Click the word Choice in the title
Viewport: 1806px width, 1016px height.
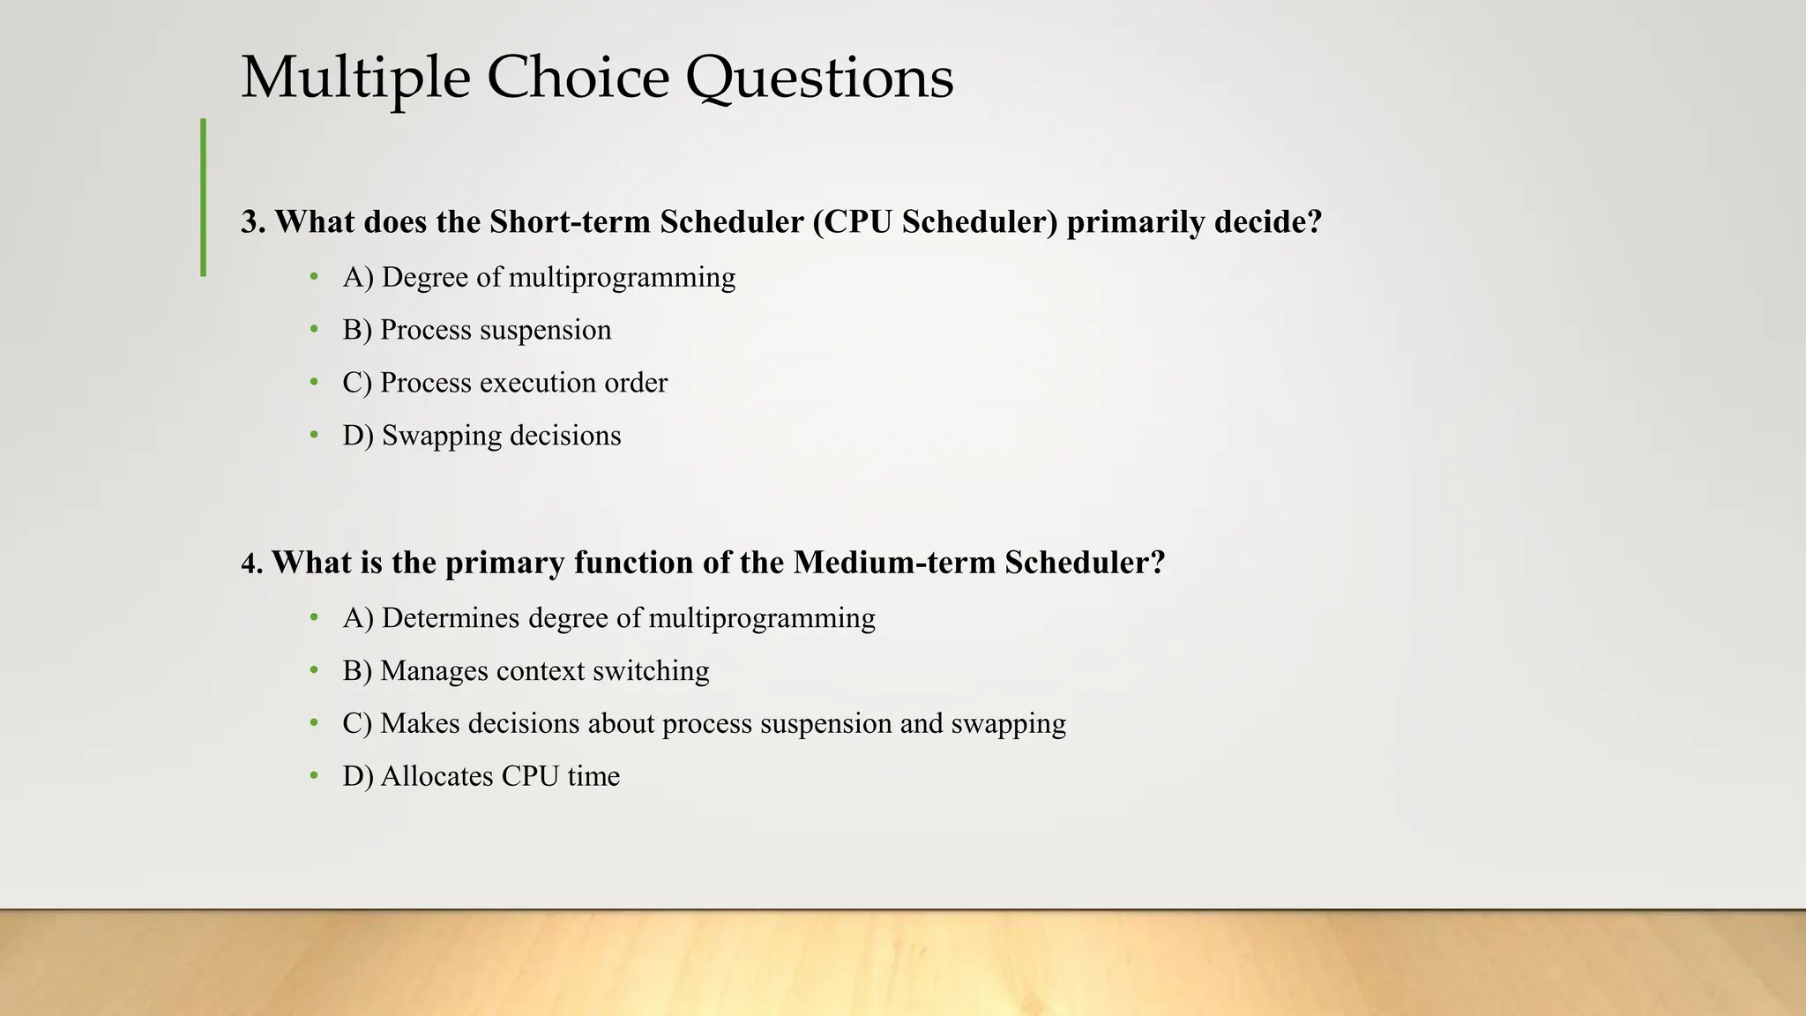tap(577, 78)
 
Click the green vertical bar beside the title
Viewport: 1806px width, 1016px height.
tap(204, 198)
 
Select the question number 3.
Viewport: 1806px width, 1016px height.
tap(252, 222)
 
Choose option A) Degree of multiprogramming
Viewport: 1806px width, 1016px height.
tap(538, 278)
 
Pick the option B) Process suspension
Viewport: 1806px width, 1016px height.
tap(476, 331)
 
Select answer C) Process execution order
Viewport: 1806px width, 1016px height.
tap(504, 383)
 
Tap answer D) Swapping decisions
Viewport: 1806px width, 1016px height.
tap(481, 436)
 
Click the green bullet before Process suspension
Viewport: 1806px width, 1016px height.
tap(314, 330)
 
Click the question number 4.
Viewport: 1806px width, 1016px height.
tap(251, 564)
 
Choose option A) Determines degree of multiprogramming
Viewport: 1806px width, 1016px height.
tap(608, 618)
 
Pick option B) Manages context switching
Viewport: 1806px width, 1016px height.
tap(526, 671)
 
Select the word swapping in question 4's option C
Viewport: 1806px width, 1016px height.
tap(1008, 724)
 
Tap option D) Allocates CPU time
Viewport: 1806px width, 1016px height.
tap(481, 776)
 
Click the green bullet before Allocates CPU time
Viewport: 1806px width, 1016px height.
tap(314, 776)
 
